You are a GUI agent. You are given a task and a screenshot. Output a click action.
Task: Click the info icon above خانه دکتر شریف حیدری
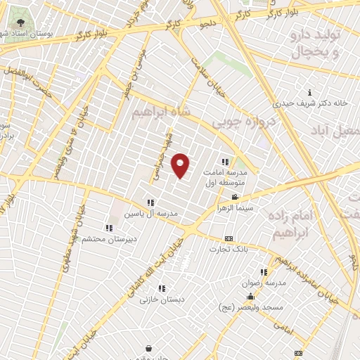[310, 92]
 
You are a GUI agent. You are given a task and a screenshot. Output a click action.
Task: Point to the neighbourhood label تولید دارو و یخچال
[316, 43]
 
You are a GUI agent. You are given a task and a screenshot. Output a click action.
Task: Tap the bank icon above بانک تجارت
[228, 239]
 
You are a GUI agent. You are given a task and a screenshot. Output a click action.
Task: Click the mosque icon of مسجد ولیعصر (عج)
[250, 297]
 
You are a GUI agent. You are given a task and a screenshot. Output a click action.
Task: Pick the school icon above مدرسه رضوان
[264, 272]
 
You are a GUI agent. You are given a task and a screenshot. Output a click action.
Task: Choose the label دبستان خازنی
[155, 299]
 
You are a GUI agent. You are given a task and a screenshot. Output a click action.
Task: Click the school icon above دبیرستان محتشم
[108, 228]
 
